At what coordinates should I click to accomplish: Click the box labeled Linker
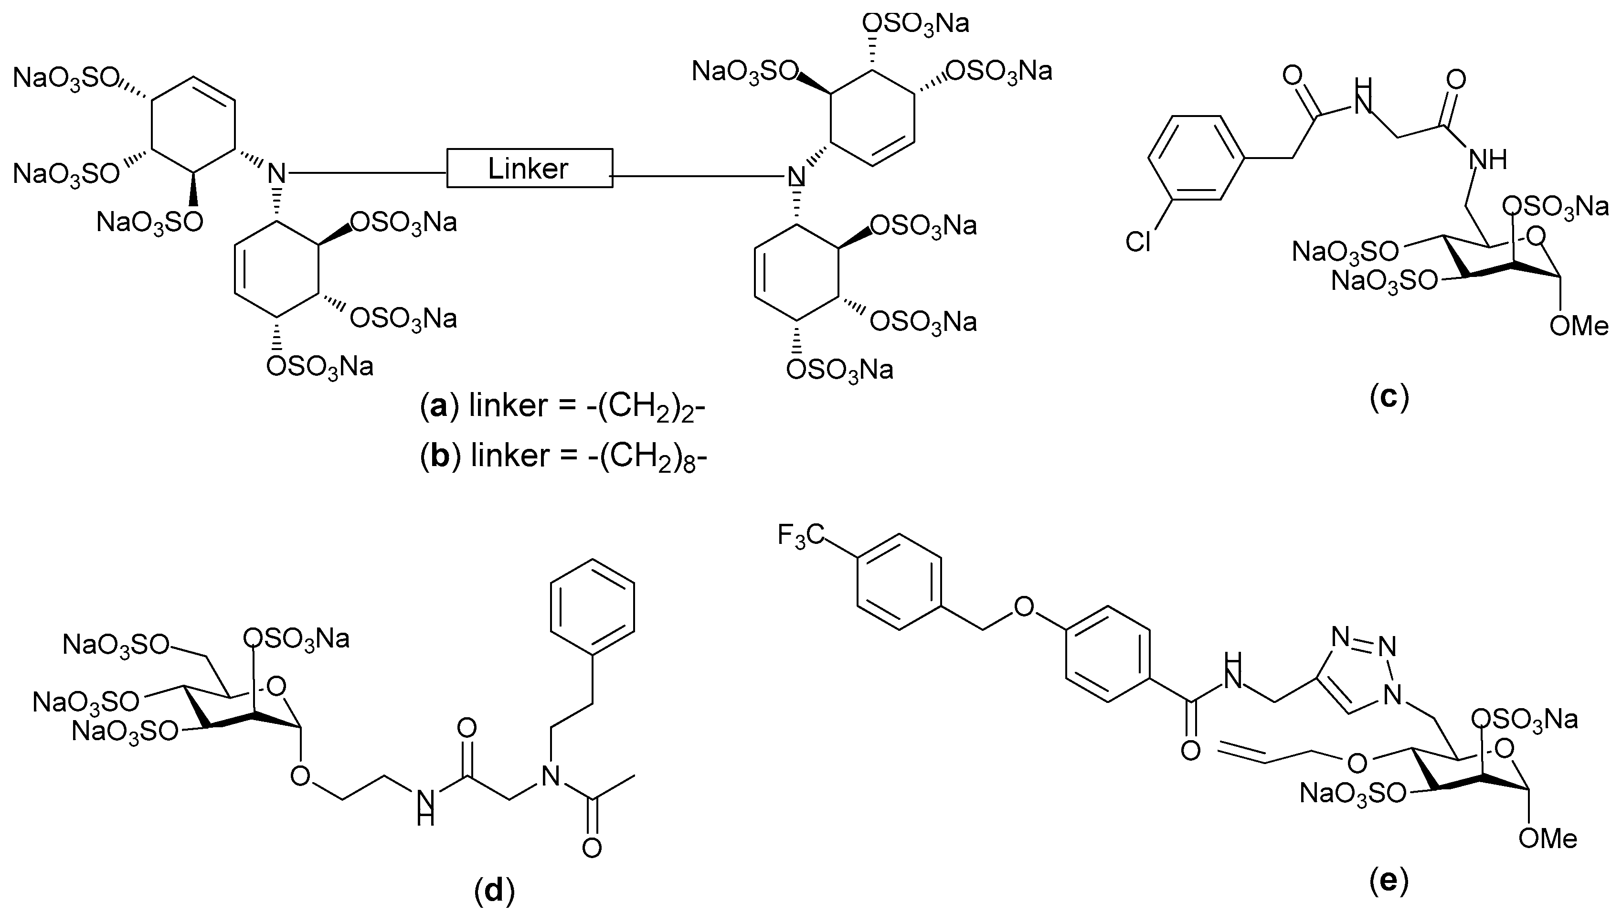tap(529, 168)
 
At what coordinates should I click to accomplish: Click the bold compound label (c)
tap(1389, 398)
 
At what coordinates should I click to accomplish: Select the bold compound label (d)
tap(494, 891)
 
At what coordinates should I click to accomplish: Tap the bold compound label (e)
tap(1389, 881)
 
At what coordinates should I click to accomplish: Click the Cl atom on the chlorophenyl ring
tap(1138, 242)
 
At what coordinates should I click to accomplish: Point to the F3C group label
tap(800, 536)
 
